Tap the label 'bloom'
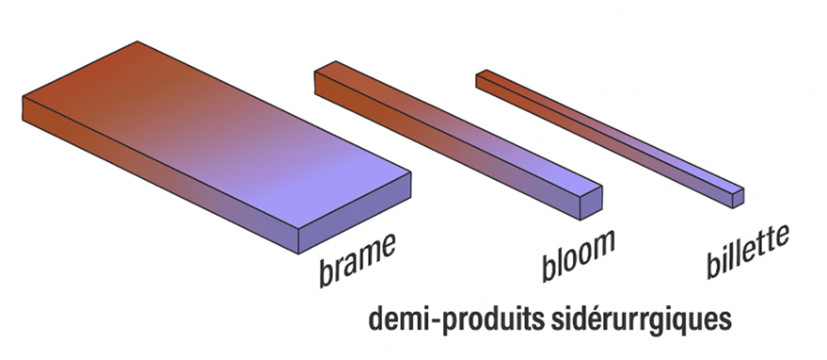coord(579,255)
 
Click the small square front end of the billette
coord(737,197)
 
